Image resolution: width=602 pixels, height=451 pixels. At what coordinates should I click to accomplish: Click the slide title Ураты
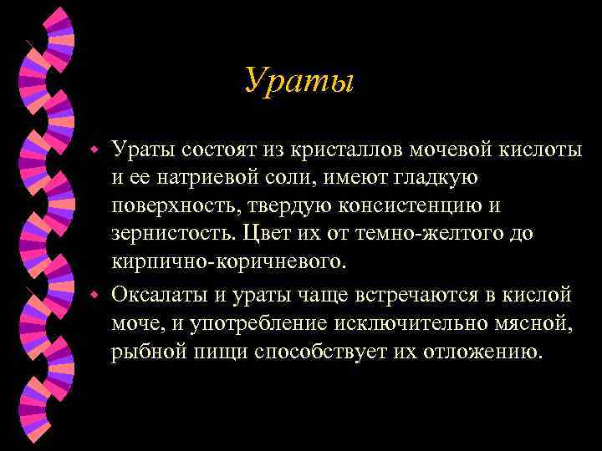[300, 81]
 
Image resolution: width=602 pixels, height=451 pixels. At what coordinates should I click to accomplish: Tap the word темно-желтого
[432, 234]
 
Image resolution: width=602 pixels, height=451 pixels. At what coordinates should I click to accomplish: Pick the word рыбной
[146, 352]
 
